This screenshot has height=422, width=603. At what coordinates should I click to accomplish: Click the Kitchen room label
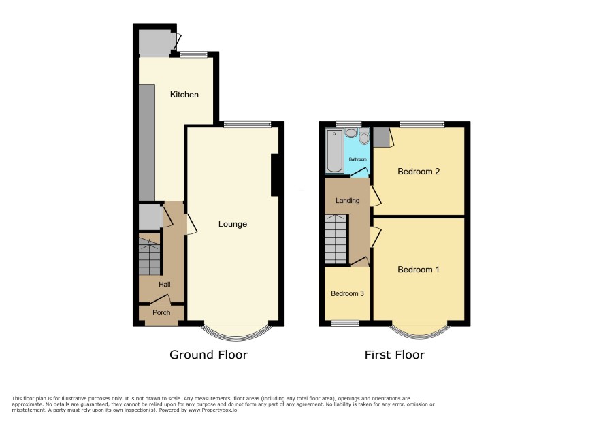pos(184,95)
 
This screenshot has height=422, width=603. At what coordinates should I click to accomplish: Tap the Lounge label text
pos(233,224)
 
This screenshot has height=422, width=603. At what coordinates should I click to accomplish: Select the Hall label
pos(165,285)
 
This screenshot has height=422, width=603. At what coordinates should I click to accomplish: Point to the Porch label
pos(161,312)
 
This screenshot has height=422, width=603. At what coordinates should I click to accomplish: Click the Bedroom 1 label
pos(419,270)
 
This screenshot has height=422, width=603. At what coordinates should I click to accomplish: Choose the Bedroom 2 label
pos(419,172)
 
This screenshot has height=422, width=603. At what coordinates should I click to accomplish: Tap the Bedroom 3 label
pos(347,293)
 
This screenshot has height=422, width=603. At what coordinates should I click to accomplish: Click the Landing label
pos(348,200)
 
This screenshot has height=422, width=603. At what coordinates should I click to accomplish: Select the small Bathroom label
pos(357,159)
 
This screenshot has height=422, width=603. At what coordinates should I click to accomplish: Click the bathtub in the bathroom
pos(335,150)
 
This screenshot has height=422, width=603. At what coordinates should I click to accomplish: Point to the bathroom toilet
pos(364,136)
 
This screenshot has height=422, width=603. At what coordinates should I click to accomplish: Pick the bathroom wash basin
pos(351,133)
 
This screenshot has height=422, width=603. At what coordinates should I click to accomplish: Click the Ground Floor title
pos(208,355)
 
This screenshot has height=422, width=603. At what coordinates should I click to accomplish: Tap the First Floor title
pos(395,355)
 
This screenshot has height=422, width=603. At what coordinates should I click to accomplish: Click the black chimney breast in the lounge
pos(275,176)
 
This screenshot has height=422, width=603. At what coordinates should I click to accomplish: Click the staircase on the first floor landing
pos(336,240)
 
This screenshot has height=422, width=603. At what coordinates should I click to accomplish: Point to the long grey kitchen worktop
pos(146,143)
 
